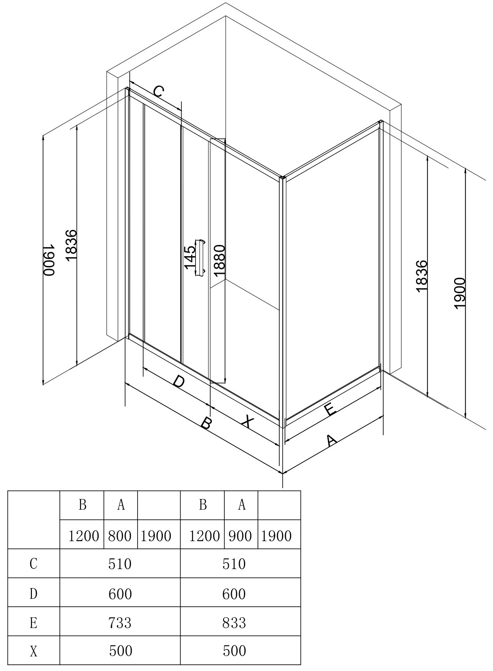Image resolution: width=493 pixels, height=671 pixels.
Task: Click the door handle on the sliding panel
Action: (x=200, y=258)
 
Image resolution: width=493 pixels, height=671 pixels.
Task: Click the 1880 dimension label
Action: (x=220, y=261)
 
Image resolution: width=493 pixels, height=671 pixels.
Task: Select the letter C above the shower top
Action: (x=158, y=92)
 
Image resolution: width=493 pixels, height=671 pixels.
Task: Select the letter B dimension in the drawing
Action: (x=206, y=423)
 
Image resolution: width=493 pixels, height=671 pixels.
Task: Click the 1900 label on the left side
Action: (x=49, y=260)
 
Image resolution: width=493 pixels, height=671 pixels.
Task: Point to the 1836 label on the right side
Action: (x=422, y=275)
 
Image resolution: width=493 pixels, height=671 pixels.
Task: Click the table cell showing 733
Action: (x=120, y=623)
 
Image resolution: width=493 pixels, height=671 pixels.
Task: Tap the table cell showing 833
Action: (x=234, y=623)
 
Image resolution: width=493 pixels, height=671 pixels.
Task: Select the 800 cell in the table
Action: (x=120, y=536)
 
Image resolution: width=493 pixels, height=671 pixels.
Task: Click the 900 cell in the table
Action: (x=241, y=536)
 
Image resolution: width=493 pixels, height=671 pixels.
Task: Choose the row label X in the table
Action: (x=34, y=651)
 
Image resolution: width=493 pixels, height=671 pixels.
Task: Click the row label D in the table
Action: (x=34, y=593)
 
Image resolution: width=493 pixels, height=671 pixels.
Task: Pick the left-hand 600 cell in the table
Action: (x=120, y=593)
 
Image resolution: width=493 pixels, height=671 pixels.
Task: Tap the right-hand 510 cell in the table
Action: (x=234, y=564)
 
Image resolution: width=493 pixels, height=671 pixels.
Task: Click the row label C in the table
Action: (x=34, y=564)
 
